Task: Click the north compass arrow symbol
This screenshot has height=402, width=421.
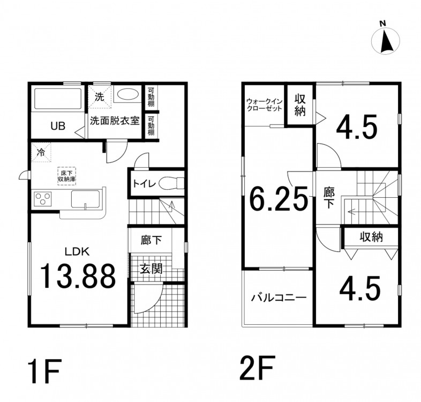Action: pos(386,40)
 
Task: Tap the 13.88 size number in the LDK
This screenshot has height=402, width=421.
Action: pos(78,276)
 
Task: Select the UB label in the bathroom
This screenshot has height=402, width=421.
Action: pos(58,126)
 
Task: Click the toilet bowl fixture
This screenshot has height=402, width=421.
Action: pos(171,183)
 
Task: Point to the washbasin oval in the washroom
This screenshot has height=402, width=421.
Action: pos(127,94)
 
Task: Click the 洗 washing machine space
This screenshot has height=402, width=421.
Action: pos(99,96)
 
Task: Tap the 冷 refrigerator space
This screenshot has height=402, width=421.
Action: pos(41,153)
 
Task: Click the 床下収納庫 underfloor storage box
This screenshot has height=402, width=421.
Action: pos(66,176)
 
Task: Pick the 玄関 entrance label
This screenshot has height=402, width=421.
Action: pos(151,269)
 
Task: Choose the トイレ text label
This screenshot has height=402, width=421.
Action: pos(144,184)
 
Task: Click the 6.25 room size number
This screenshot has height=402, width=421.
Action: pos(279,198)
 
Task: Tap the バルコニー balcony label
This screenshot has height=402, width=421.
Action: pos(279,297)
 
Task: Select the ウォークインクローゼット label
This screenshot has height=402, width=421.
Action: pos(264,105)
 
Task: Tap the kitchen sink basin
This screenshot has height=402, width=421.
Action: pos(86,198)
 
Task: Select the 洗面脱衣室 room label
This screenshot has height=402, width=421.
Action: pos(115,121)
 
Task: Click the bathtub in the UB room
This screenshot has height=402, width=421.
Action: pos(58,99)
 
